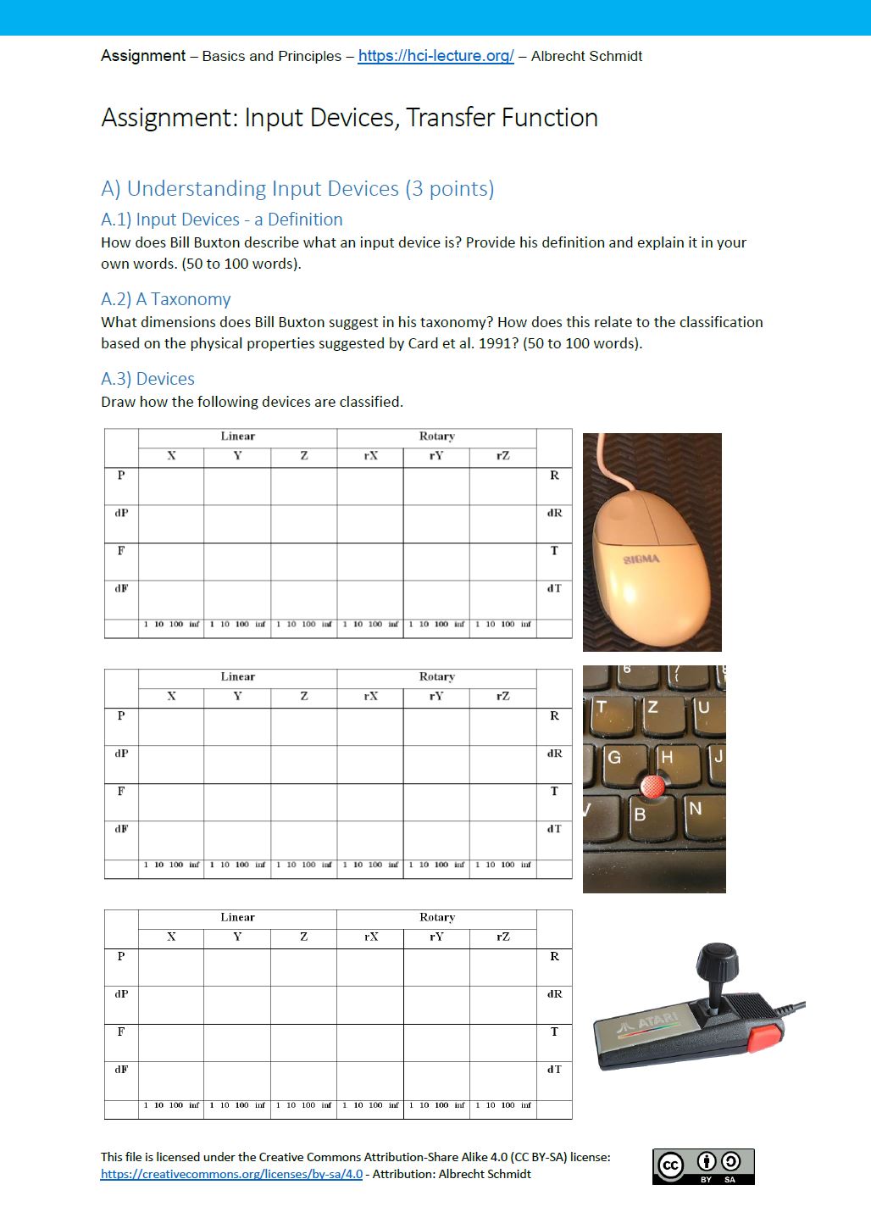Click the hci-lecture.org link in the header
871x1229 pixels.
(435, 56)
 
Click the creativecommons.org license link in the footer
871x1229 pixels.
(231, 1174)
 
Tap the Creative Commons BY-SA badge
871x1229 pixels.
(703, 1166)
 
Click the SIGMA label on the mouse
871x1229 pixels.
(641, 559)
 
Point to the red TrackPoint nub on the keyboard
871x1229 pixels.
(652, 787)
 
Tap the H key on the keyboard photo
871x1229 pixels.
(668, 757)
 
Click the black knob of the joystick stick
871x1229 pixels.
(717, 962)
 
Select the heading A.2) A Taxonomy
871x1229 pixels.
(165, 299)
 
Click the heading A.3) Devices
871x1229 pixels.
(147, 379)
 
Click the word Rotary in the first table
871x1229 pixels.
(436, 437)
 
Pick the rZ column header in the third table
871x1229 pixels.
(503, 937)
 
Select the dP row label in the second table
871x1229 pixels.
(121, 754)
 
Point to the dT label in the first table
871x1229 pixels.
(554, 588)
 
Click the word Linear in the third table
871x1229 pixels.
(237, 917)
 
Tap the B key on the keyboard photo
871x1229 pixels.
(641, 814)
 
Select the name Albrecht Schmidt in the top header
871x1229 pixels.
(586, 56)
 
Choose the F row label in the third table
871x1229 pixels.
(121, 1032)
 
